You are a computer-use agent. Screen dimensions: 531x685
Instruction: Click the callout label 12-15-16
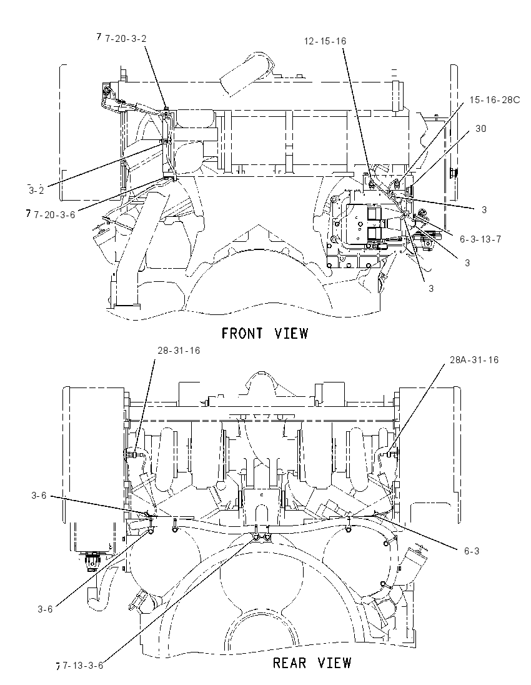tap(325, 41)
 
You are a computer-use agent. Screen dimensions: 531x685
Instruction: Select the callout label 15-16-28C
tap(495, 100)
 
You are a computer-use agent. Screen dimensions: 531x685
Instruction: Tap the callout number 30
tap(480, 129)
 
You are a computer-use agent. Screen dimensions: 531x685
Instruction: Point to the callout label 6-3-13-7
tap(480, 239)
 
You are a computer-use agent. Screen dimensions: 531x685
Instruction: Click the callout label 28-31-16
tap(179, 351)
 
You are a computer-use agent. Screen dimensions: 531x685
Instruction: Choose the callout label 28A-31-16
tap(474, 360)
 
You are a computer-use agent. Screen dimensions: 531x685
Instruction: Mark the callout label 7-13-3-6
tap(83, 666)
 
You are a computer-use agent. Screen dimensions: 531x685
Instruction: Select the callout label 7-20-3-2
tap(126, 39)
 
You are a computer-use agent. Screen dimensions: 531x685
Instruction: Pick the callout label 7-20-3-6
tap(54, 214)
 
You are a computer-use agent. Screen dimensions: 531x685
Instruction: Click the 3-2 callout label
tap(37, 191)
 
